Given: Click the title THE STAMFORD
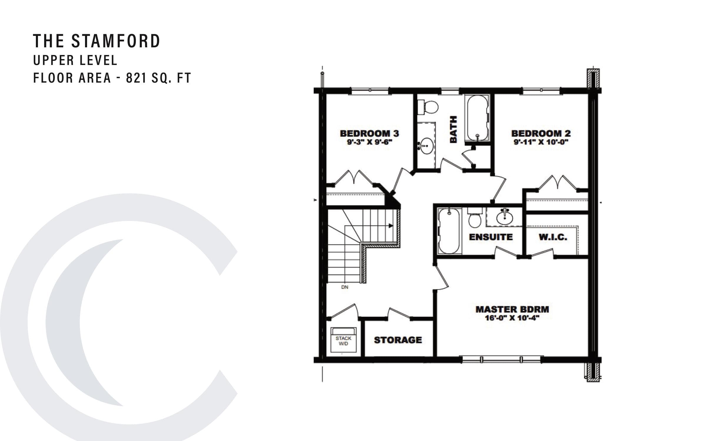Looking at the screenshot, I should (96, 41).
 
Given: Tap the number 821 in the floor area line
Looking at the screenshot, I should (136, 78).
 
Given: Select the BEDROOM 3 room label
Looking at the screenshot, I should (369, 133).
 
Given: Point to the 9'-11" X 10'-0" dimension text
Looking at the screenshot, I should (541, 142).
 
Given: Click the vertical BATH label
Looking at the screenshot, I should (454, 129).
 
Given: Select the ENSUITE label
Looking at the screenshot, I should (491, 237).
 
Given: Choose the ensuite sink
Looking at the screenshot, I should (505, 217).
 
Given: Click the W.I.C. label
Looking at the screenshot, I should (553, 237).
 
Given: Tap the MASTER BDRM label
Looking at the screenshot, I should (512, 309).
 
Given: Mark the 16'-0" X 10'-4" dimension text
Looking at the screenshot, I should (512, 318).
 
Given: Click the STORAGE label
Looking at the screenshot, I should (398, 340).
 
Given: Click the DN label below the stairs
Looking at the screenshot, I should (345, 287).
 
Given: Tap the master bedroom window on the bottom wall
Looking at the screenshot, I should (501, 359).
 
